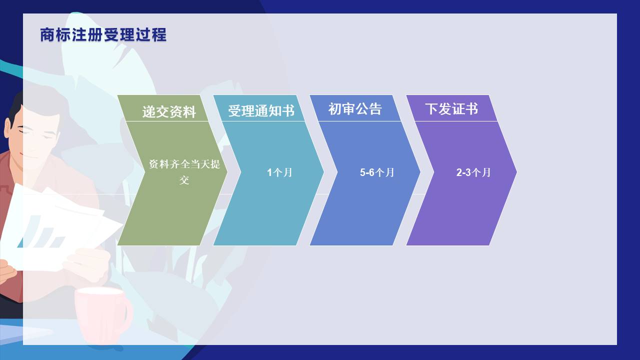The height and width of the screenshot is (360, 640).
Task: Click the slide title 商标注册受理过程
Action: [x=103, y=35]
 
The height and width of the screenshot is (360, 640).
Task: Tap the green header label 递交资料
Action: [x=169, y=111]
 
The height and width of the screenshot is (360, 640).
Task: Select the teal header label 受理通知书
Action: [x=261, y=111]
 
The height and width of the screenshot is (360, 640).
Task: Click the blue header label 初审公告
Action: [x=355, y=109]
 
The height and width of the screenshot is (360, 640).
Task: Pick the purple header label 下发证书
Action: [x=451, y=109]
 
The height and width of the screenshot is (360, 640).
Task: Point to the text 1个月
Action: [x=279, y=172]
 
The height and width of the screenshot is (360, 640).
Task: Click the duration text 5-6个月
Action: [x=377, y=172]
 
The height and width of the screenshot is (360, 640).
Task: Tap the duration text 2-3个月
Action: [x=473, y=172]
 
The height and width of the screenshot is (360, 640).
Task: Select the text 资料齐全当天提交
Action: [x=184, y=172]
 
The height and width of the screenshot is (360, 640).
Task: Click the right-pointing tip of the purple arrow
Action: [x=516, y=172]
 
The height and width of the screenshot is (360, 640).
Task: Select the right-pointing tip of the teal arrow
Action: [x=323, y=172]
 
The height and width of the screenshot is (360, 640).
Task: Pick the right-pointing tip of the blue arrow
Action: [x=420, y=172]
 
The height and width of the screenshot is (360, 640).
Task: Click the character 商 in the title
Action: [x=47, y=35]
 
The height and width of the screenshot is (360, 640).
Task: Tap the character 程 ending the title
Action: [x=159, y=35]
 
